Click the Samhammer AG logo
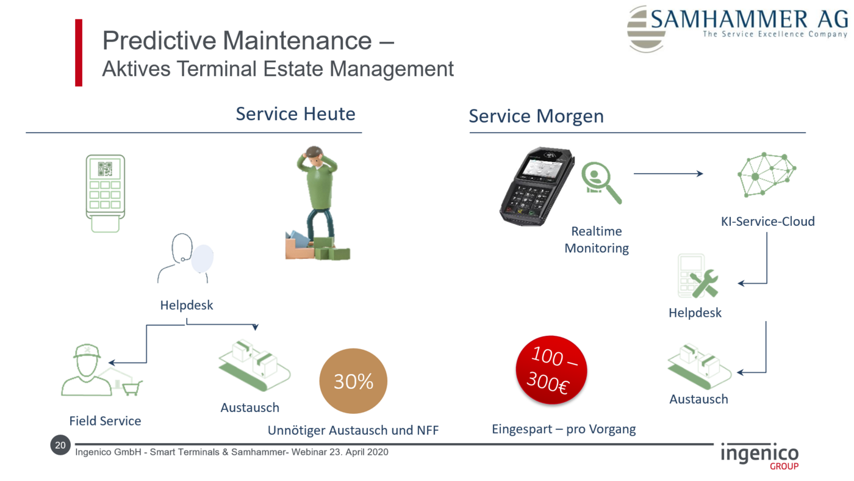click(x=737, y=29)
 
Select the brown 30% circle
click(x=353, y=381)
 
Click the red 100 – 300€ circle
click(x=551, y=370)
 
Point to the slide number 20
click(x=60, y=445)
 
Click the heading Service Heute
click(x=295, y=114)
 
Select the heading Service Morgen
click(x=536, y=117)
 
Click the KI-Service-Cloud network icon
click(x=767, y=175)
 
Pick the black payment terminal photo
click(x=537, y=186)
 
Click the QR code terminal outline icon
click(x=105, y=193)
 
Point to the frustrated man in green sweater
click(x=318, y=203)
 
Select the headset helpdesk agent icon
click(x=185, y=258)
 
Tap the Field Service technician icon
click(x=101, y=371)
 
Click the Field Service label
click(x=105, y=421)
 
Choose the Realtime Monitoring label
click(x=597, y=239)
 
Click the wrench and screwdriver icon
click(x=705, y=283)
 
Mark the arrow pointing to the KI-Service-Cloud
click(x=669, y=173)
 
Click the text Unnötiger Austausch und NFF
click(x=353, y=430)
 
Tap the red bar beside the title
click(x=79, y=52)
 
